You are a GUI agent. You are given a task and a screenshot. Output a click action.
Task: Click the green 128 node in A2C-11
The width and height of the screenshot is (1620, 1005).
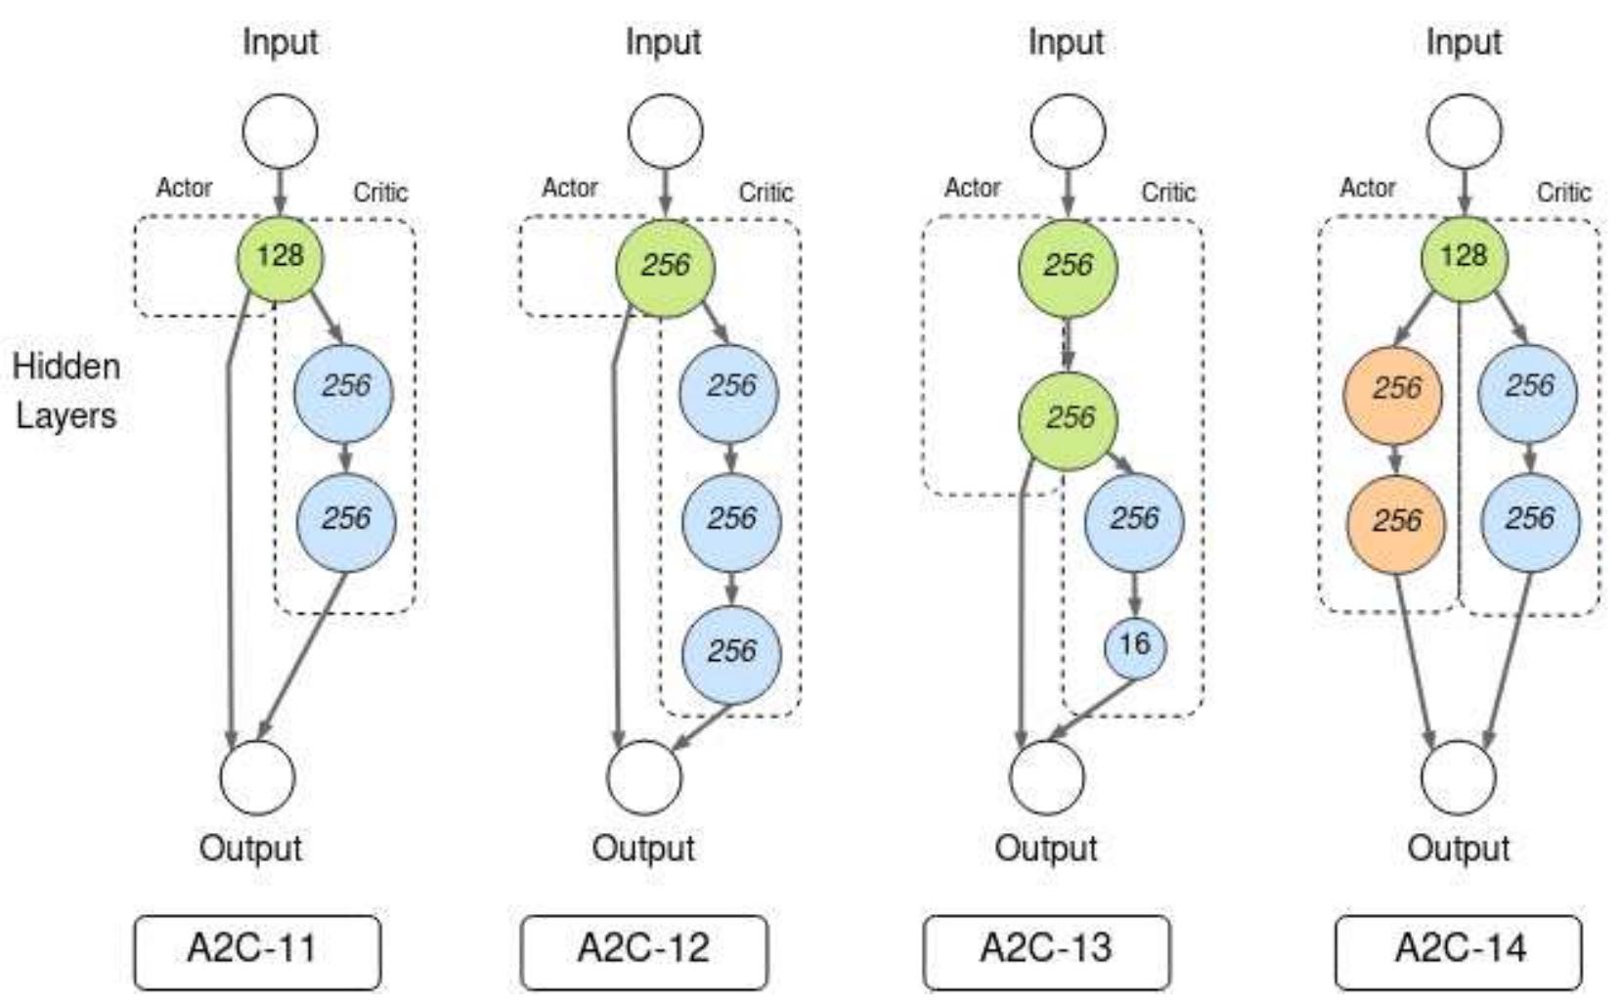(280, 257)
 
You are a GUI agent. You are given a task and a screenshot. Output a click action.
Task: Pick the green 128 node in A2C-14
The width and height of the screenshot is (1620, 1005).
(1464, 257)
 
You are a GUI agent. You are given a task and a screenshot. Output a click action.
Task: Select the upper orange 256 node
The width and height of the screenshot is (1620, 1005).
(1395, 389)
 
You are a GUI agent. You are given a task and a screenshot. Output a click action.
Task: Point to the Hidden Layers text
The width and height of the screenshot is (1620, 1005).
(66, 391)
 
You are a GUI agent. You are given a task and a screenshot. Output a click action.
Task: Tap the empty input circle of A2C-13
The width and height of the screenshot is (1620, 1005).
(1068, 131)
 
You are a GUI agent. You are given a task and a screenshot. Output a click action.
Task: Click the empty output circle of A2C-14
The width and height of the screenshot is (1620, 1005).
(1458, 777)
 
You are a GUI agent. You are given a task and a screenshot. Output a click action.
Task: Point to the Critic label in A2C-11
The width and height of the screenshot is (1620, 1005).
(380, 193)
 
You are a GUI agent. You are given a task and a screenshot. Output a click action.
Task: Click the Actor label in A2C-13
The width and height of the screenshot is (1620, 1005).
(972, 188)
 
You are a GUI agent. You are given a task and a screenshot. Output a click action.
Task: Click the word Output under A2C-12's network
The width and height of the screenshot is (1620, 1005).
(643, 849)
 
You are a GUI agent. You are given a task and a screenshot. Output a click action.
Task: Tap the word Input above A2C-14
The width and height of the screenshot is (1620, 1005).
(1464, 42)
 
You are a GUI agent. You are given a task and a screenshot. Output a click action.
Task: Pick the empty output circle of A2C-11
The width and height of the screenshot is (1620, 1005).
(257, 777)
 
